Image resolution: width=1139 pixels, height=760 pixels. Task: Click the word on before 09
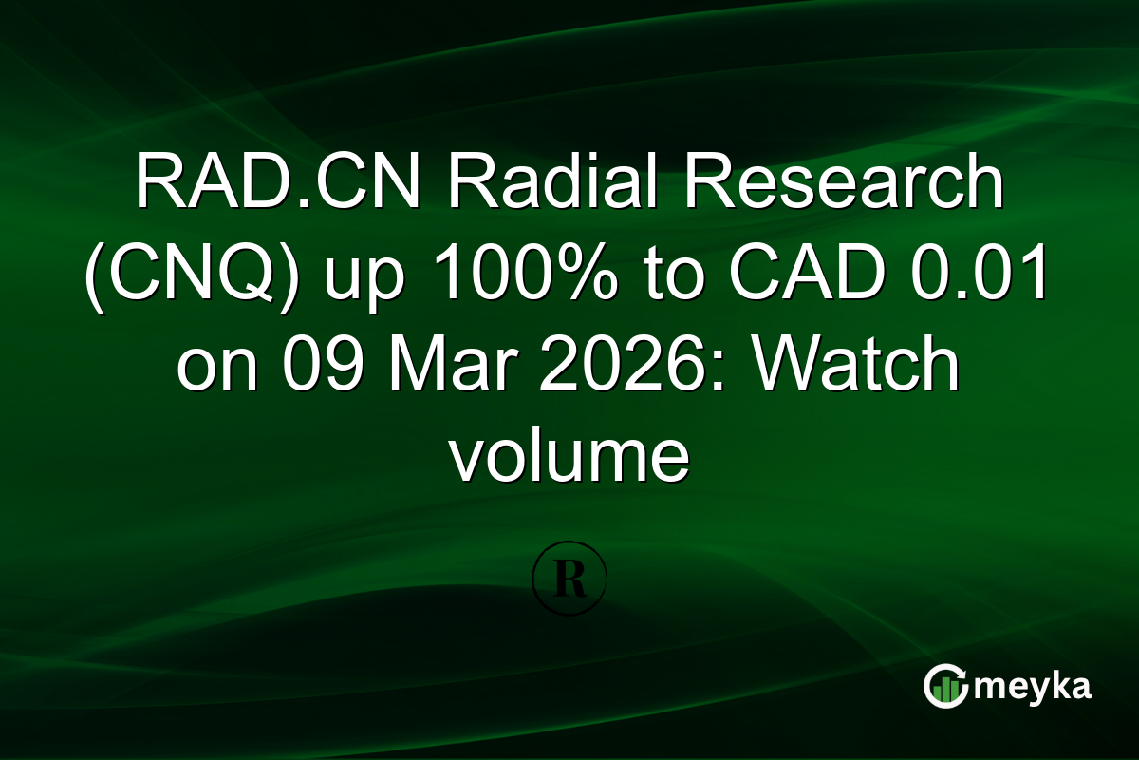[211, 369]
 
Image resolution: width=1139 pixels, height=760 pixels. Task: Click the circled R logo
[569, 578]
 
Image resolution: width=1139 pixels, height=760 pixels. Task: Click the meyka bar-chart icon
[946, 687]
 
